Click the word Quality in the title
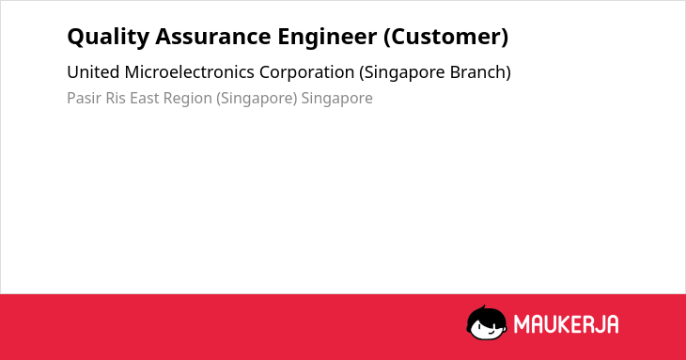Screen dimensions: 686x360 click(108, 37)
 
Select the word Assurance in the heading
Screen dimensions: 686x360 click(213, 37)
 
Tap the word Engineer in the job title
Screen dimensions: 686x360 click(327, 38)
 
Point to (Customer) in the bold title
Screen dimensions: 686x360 click(445, 37)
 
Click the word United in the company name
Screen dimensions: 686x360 click(93, 72)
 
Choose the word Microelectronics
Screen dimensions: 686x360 click(190, 72)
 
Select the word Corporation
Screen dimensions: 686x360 click(306, 72)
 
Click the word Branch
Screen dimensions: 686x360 click(480, 72)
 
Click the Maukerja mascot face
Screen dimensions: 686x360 click(487, 322)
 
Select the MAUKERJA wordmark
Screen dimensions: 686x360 click(566, 324)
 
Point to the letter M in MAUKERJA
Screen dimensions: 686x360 click(522, 324)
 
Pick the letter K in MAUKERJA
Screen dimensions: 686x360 click(565, 324)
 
